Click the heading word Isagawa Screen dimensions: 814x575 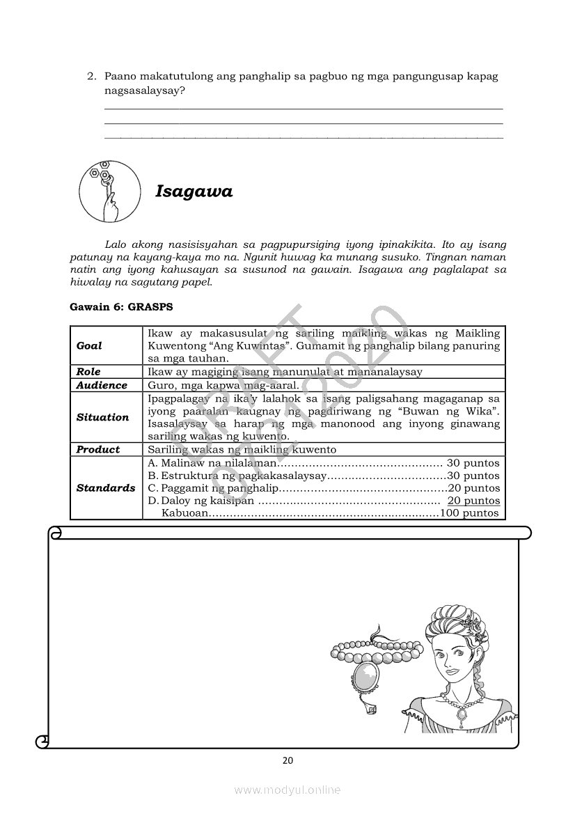click(x=194, y=191)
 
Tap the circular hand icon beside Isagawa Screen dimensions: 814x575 click(x=110, y=191)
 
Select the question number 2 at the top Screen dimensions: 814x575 click(x=90, y=76)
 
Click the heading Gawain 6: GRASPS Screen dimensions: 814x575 click(x=121, y=306)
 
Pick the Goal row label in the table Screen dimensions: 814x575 click(x=89, y=345)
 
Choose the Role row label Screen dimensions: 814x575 click(x=88, y=372)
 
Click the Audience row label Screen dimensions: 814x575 click(x=102, y=385)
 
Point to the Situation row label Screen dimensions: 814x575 click(x=102, y=417)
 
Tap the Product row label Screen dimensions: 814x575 click(x=98, y=450)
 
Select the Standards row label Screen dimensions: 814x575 click(x=106, y=488)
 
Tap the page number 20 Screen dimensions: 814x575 click(x=287, y=760)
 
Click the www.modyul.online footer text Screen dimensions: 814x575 click(x=287, y=790)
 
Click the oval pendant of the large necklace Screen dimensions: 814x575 click(x=364, y=675)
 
